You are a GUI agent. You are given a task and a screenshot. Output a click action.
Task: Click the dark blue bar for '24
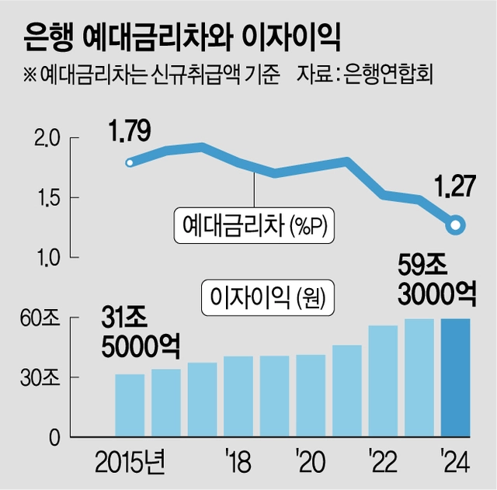click(455, 378)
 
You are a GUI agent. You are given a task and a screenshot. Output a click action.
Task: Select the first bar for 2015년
click(130, 406)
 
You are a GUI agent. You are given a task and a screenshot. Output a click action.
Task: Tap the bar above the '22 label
click(383, 381)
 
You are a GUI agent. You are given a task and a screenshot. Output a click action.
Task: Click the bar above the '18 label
click(238, 397)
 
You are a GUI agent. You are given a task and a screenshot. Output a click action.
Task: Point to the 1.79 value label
click(129, 132)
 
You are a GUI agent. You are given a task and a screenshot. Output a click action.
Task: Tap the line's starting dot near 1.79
click(130, 162)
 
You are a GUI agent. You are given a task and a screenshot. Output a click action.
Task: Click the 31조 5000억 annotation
click(139, 332)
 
